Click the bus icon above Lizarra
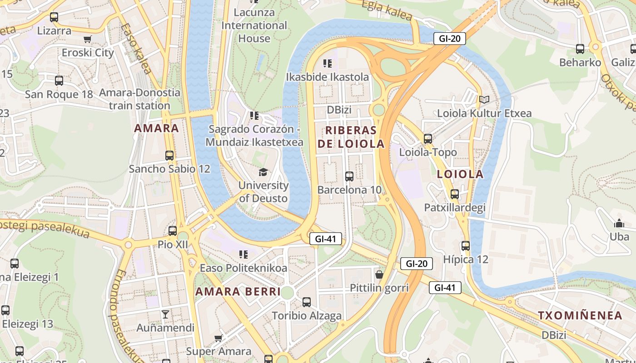54,18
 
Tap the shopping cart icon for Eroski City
88,39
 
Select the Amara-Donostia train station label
139,99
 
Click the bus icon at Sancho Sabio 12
169,156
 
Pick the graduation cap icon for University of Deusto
263,172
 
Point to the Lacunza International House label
254,25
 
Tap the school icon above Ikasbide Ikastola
327,64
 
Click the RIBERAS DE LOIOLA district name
351,137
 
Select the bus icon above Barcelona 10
349,177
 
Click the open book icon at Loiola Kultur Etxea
484,99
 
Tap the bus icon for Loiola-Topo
428,139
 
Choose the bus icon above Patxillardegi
455,194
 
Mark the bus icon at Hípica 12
466,246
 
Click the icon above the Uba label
619,223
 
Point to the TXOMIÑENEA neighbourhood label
580,316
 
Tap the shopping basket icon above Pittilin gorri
379,275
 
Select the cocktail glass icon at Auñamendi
165,314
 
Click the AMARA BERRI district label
238,292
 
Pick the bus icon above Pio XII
173,231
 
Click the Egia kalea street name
387,10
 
